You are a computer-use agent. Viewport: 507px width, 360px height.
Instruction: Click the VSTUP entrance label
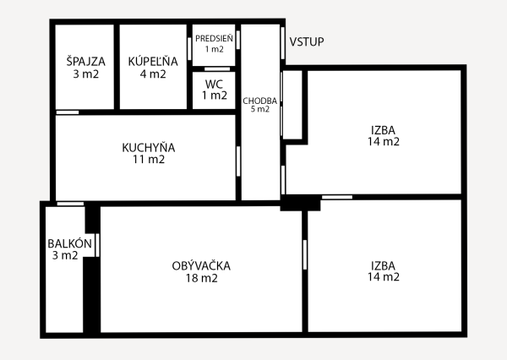(307, 42)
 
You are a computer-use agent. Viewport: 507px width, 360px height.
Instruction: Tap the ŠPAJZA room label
(85, 62)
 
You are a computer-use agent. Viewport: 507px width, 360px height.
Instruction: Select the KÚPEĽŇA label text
(153, 62)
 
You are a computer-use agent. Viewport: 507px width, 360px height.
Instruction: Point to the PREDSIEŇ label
(214, 39)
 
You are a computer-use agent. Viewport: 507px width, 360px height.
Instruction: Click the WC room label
(214, 85)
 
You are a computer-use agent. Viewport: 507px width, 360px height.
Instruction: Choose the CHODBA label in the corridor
(260, 101)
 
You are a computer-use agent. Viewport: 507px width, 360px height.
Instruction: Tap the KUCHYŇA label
(149, 148)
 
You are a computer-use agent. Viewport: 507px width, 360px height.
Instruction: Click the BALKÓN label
(69, 243)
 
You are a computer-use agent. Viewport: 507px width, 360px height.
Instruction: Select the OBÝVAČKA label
(201, 266)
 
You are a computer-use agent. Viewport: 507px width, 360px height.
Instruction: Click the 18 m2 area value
(201, 278)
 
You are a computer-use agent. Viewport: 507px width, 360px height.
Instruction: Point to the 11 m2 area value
(149, 159)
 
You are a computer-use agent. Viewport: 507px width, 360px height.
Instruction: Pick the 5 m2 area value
(260, 109)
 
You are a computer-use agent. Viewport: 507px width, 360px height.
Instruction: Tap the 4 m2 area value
(153, 74)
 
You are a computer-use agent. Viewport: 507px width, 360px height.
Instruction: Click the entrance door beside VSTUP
(282, 43)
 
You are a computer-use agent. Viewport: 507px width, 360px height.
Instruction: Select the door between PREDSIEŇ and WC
(217, 69)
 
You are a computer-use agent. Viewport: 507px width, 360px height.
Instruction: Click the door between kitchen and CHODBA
(238, 161)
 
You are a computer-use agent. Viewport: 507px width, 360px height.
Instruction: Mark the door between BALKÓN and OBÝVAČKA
(97, 245)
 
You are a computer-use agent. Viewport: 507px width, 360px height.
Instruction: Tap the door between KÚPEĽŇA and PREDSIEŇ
(189, 49)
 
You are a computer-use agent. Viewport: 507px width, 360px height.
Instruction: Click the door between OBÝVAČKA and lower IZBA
(304, 254)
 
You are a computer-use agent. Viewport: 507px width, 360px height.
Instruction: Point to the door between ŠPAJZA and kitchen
(68, 112)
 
